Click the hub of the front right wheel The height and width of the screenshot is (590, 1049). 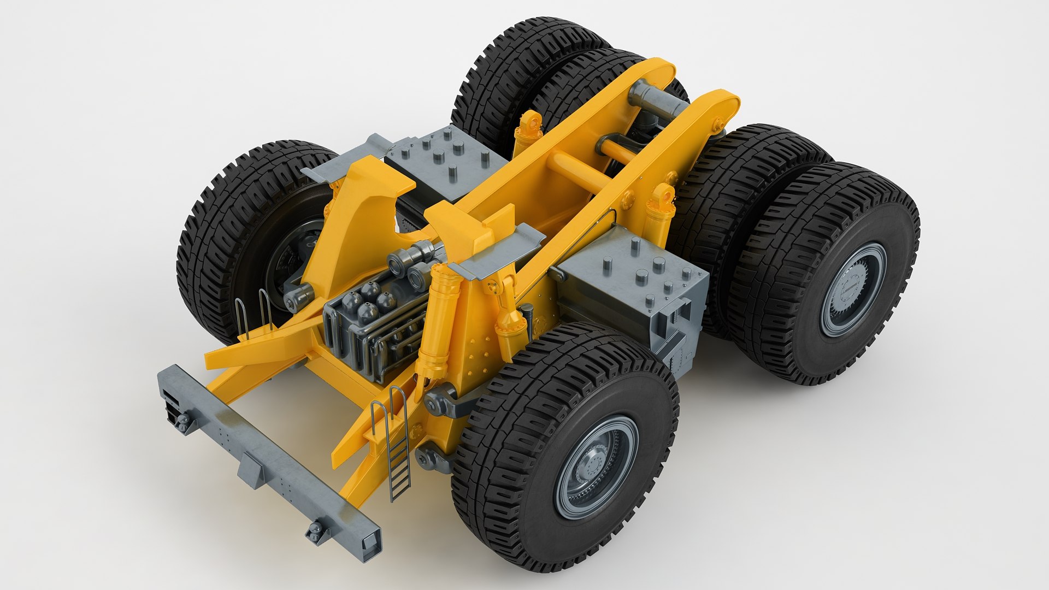pyautogui.click(x=596, y=468)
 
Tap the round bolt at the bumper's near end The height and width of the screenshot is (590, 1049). pyautogui.click(x=315, y=530)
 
